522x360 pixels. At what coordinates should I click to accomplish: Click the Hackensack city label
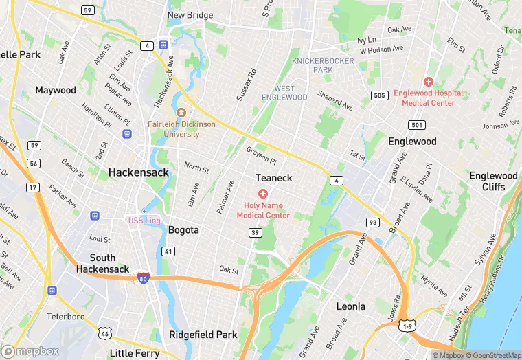click(138, 173)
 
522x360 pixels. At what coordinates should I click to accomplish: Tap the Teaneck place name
click(273, 178)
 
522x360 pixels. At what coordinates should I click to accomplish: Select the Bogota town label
click(183, 230)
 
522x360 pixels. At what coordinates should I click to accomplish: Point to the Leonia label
click(350, 306)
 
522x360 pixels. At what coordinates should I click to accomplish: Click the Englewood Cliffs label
click(493, 181)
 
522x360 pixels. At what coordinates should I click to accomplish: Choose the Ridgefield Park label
click(203, 335)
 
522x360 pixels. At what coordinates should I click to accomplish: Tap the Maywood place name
click(56, 91)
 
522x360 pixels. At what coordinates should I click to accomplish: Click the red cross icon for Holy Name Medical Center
click(262, 194)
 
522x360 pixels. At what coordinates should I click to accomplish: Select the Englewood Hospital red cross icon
click(428, 82)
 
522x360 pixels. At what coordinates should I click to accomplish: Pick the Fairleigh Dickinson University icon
click(181, 113)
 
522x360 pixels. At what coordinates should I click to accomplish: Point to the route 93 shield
click(373, 222)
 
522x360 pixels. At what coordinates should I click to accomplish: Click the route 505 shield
click(378, 95)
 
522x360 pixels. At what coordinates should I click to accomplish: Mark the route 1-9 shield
click(407, 324)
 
